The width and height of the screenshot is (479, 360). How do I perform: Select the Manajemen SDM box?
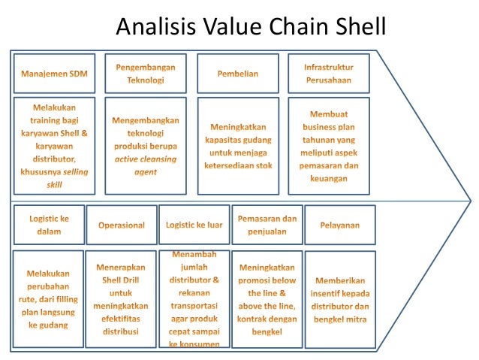tap(54, 74)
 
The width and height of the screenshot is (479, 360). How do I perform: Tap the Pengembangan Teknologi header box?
tap(146, 74)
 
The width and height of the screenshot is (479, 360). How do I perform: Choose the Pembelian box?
tap(237, 74)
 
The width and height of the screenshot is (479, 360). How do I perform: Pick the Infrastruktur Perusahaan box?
tap(329, 74)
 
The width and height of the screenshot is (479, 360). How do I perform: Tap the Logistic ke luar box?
tap(193, 225)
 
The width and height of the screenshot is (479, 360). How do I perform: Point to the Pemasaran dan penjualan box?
tap(267, 225)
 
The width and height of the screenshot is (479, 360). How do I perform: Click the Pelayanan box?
tap(339, 225)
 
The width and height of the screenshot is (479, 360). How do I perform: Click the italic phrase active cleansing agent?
tap(146, 165)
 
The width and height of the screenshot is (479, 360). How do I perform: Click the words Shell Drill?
tap(121, 280)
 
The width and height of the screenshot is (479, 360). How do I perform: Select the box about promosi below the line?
tap(267, 299)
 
